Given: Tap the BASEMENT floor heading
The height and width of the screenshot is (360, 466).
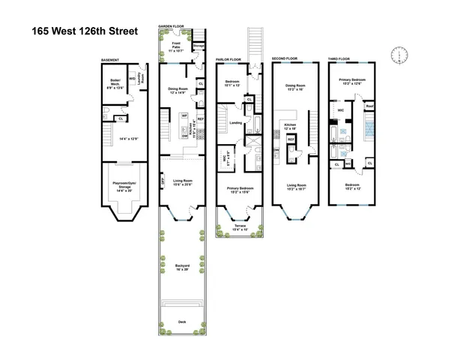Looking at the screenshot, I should (112, 59).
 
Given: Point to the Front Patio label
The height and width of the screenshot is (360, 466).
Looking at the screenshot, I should (172, 48).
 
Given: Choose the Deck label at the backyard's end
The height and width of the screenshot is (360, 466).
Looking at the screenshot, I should (182, 322).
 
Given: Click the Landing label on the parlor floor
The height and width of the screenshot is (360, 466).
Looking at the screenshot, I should (234, 122).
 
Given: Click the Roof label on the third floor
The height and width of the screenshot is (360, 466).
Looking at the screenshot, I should (369, 106).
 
